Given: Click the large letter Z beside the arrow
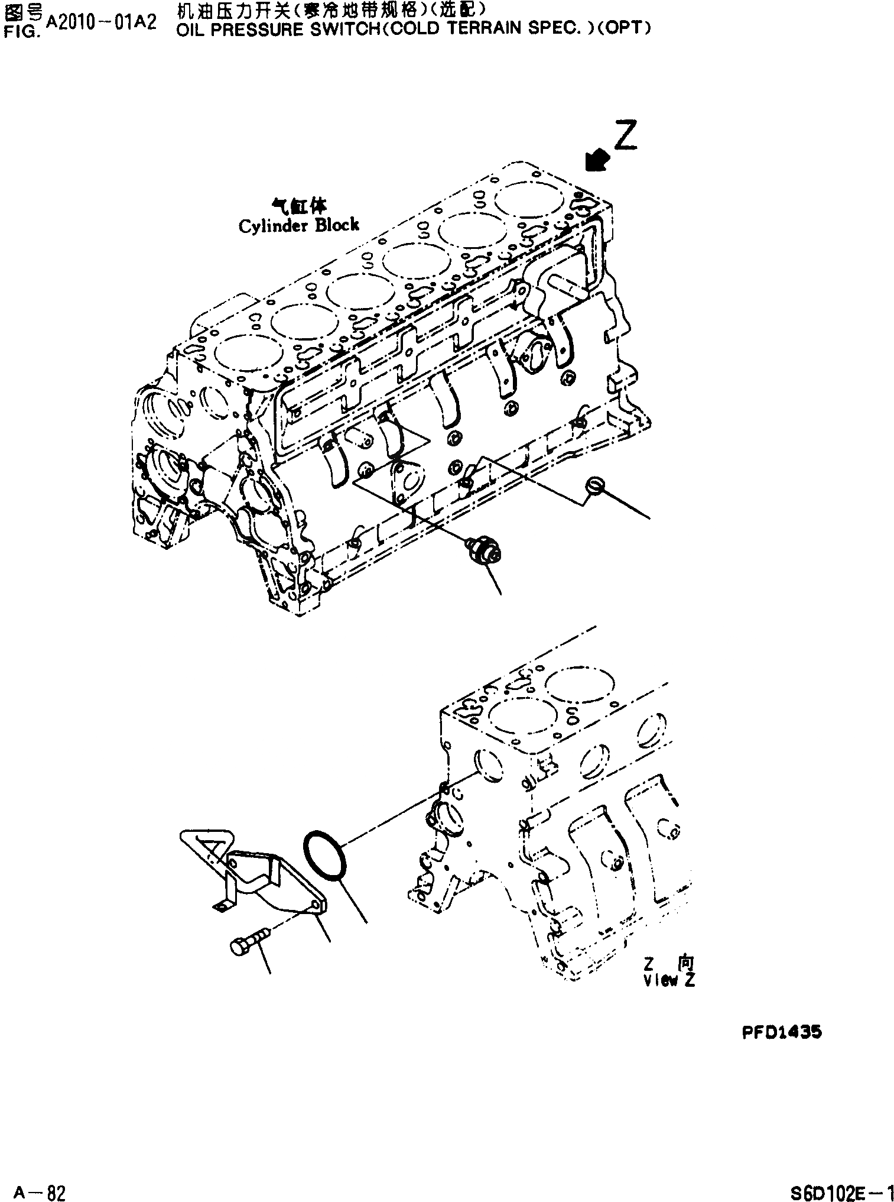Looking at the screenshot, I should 625,137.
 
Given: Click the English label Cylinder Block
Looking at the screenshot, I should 298,226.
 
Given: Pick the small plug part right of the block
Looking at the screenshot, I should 594,486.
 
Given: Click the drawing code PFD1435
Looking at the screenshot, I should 781,1033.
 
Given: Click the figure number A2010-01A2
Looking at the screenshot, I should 101,22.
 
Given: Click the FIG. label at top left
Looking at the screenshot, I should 21,32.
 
